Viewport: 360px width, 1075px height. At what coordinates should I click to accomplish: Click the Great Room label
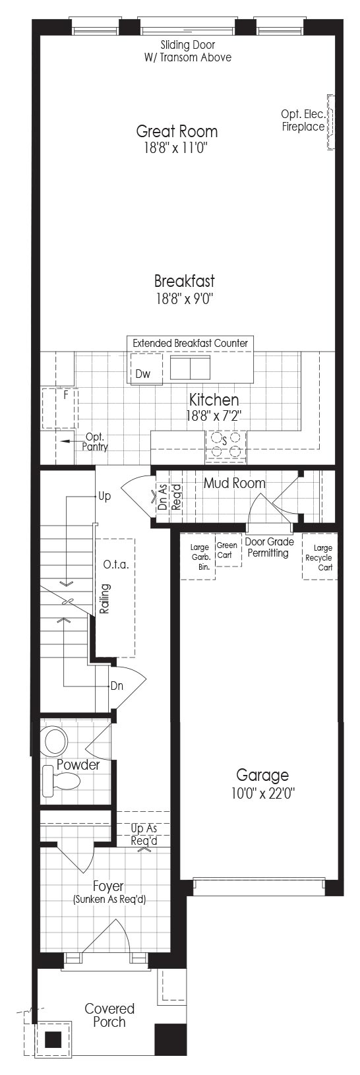tap(177, 131)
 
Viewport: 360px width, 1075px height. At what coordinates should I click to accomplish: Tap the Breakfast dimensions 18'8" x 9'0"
tap(185, 299)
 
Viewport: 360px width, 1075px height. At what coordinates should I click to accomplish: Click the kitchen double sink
tap(191, 367)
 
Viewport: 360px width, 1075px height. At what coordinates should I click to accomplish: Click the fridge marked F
tap(59, 408)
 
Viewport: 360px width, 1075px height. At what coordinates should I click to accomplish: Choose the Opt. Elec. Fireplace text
tap(303, 121)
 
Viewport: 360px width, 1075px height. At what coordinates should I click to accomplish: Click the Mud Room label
tap(235, 483)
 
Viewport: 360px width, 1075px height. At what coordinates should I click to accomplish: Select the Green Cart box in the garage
tap(228, 551)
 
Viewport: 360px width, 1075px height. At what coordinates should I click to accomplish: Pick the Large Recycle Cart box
tap(320, 557)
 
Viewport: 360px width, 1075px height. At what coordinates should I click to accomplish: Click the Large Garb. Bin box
tap(198, 557)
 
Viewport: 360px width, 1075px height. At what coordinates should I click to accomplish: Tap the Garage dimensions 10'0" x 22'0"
tap(262, 793)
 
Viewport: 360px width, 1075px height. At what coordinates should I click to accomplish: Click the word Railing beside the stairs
tap(105, 598)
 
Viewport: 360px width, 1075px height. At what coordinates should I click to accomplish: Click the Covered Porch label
tap(109, 1015)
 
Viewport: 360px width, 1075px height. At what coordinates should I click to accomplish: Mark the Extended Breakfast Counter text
tap(191, 343)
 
